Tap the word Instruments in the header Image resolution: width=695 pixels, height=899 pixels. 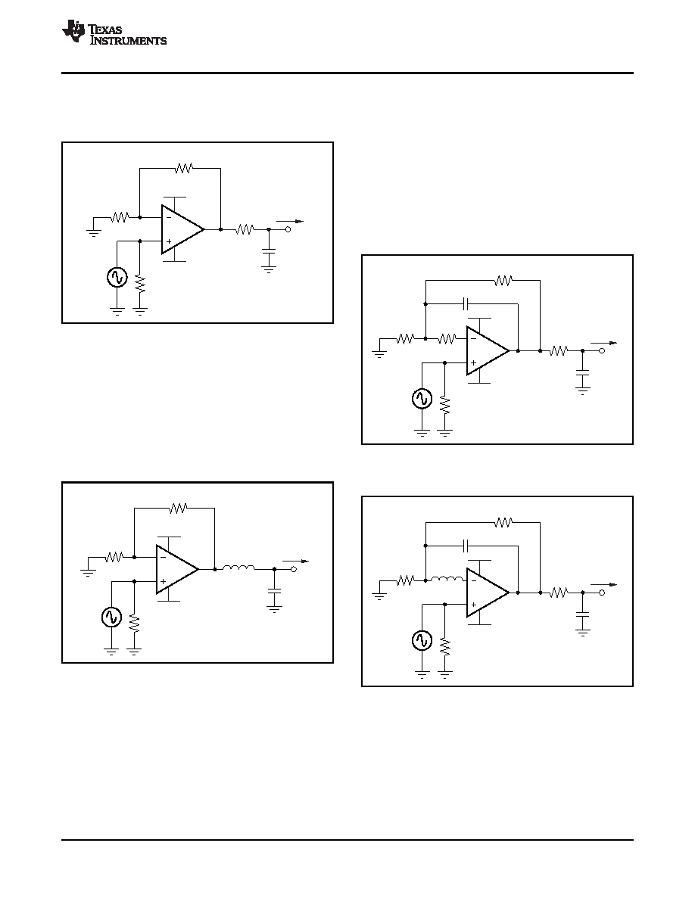[x=129, y=41]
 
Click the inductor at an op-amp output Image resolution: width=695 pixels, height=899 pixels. [x=238, y=568]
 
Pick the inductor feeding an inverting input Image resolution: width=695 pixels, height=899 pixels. [x=447, y=579]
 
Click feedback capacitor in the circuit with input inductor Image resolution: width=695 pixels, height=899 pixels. [x=466, y=545]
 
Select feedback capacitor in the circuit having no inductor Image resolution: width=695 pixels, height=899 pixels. [x=466, y=303]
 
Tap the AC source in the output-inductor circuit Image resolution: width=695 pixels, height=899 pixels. [x=111, y=617]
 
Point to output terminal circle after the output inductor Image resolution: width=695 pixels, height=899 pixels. [x=295, y=569]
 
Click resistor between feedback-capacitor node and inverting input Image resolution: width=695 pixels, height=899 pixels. [x=447, y=339]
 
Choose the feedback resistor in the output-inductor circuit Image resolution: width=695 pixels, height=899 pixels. [x=179, y=508]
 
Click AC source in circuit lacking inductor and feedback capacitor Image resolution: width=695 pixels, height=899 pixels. [x=117, y=277]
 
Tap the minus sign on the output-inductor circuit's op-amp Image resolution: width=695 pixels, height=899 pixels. [x=163, y=557]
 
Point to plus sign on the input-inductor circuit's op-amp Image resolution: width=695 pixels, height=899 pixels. [x=474, y=605]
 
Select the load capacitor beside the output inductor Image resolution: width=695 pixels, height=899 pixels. [x=275, y=592]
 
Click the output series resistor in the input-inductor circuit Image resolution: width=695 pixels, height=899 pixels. [x=559, y=593]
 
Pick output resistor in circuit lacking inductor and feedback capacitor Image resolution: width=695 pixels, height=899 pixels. [x=245, y=229]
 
